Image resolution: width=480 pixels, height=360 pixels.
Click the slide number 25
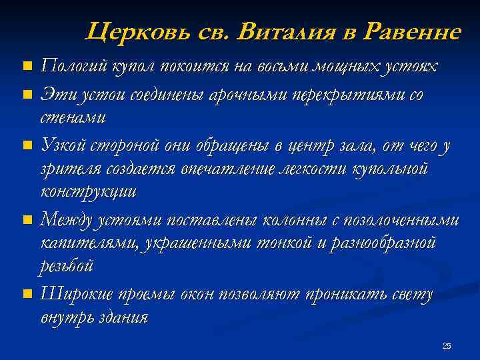point(447,345)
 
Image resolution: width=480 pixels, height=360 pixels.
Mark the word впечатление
point(228,169)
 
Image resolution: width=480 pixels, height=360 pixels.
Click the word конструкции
point(89,193)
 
